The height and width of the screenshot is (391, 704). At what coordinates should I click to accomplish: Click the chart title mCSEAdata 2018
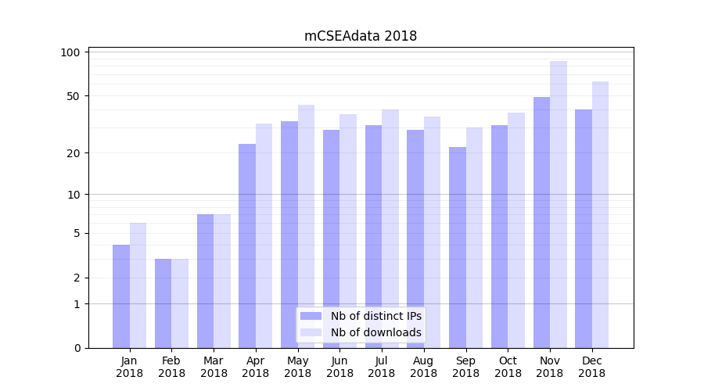click(361, 36)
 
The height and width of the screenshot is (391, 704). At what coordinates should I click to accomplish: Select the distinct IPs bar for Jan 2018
click(121, 296)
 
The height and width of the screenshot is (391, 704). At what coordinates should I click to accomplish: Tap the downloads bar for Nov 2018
click(559, 204)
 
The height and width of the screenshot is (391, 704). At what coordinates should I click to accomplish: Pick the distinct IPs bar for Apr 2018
click(247, 246)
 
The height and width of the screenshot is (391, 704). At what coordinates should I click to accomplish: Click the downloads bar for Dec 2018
click(600, 214)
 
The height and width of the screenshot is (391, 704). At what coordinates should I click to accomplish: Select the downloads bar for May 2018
click(306, 226)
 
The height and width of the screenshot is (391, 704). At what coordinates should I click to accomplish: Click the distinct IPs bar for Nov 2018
click(541, 222)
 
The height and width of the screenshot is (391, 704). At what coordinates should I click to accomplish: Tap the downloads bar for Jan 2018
click(138, 285)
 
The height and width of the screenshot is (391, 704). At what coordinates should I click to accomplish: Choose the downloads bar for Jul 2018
click(390, 228)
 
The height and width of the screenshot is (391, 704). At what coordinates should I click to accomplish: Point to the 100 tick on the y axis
click(71, 52)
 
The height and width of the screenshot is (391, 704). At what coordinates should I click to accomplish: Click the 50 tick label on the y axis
click(74, 96)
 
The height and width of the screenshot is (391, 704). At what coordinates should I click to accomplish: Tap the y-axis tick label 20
click(74, 153)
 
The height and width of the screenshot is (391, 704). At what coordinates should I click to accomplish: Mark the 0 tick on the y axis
click(77, 348)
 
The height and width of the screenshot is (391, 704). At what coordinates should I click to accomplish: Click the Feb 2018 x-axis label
click(172, 367)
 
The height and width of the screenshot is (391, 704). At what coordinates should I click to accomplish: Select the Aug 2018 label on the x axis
click(424, 367)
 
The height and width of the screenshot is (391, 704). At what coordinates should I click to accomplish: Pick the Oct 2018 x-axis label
click(508, 367)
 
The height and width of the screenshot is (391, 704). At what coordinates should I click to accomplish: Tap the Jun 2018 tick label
click(339, 367)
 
